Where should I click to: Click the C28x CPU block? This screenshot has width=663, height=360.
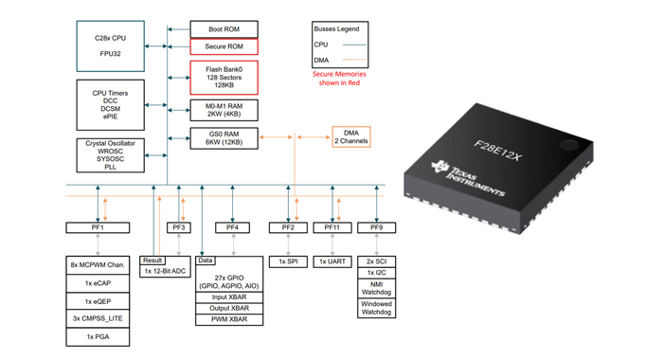point(111,46)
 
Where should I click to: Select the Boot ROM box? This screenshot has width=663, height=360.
point(224,29)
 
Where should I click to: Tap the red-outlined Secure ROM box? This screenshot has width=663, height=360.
point(224,46)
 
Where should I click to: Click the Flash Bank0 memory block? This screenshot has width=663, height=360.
point(224,76)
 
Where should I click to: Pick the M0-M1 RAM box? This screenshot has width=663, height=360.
point(224,109)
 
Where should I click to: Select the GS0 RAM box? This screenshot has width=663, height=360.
point(224,137)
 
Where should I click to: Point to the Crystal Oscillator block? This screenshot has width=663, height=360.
point(111,154)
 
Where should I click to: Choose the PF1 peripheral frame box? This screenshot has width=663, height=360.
point(98,227)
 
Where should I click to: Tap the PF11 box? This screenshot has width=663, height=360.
point(332,227)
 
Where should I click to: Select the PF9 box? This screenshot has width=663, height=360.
point(377,227)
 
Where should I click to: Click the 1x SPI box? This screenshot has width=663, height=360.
point(288,261)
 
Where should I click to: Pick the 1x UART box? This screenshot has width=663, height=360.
point(332,261)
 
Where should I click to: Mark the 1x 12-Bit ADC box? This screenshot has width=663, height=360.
point(165,271)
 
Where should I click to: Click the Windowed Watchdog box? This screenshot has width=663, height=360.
point(377,309)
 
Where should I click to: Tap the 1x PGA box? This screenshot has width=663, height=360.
point(98,336)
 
